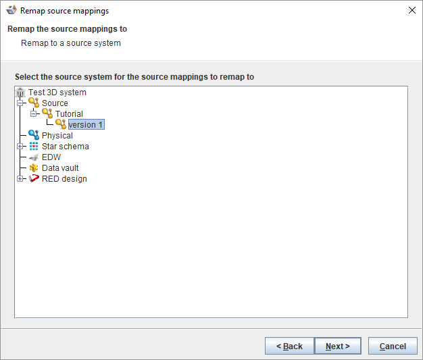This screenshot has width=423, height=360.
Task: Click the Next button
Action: coord(338,346)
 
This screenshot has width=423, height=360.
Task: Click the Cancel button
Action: coord(393,346)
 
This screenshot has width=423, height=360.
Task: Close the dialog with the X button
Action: coord(412,10)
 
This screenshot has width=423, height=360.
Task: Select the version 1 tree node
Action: coord(86,125)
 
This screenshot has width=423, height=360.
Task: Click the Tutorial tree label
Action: coord(69,114)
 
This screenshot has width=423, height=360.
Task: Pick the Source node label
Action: coord(55,103)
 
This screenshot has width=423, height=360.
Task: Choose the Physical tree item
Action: coord(57,136)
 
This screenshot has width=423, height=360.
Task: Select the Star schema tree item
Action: coord(65,147)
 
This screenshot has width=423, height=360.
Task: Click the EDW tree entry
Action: coord(51,157)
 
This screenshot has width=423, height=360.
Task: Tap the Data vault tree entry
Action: coord(60,168)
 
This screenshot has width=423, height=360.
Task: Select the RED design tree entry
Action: coord(64,179)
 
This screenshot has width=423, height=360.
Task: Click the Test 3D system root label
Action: coord(57,93)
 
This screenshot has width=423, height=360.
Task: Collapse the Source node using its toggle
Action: coord(20,103)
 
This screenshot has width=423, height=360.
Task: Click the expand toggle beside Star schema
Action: coord(20,147)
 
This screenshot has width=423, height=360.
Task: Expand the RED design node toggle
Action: coord(20,179)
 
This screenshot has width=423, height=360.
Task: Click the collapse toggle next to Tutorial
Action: coord(34,114)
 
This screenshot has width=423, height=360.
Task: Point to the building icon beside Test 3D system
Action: coord(20,93)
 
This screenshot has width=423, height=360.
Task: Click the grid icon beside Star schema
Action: coord(34,147)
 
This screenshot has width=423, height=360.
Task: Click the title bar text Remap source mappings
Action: coord(64,11)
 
